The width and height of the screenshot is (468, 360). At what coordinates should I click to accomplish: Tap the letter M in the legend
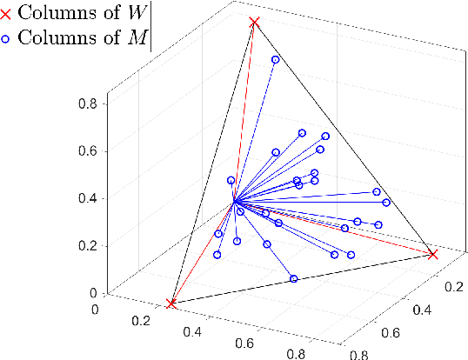(137, 37)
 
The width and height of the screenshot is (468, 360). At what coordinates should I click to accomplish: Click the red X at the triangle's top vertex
(254, 22)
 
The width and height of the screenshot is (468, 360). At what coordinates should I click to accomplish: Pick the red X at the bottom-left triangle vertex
(171, 303)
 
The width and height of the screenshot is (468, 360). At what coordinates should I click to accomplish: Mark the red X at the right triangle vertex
(432, 254)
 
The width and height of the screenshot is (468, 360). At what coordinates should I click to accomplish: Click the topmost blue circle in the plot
(276, 60)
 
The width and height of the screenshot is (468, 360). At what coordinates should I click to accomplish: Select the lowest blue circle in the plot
(294, 279)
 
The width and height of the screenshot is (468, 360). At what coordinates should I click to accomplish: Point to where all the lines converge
(234, 203)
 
